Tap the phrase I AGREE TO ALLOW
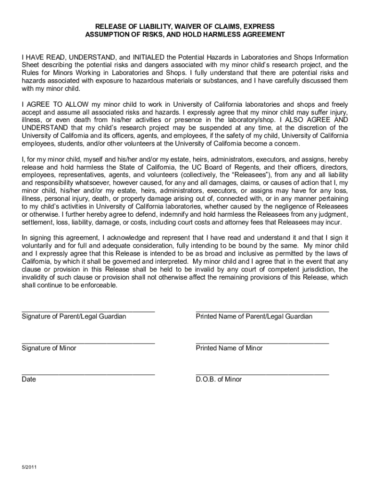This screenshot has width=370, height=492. coord(54,105)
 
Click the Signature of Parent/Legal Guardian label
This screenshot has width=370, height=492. coord(74,317)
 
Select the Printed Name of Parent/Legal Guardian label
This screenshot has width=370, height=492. coord(254,317)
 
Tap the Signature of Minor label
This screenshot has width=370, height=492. coord(49,348)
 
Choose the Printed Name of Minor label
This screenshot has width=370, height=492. coord(229,348)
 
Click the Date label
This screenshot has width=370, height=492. coord(28,380)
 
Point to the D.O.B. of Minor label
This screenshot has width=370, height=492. coord(219,380)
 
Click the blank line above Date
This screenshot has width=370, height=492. coord(88,374)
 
